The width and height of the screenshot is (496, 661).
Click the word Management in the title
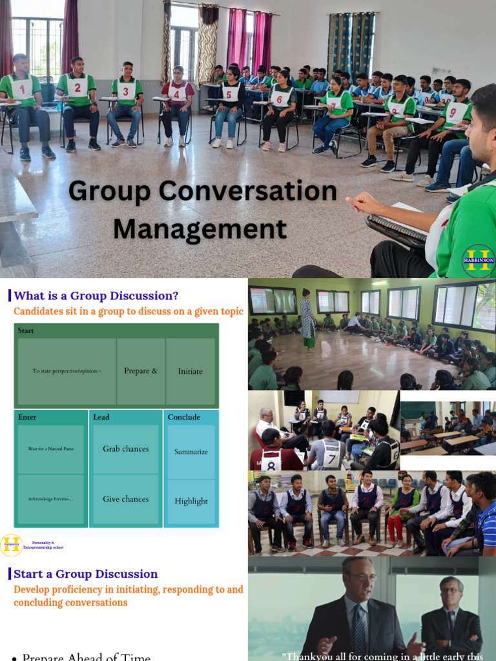click(200, 229)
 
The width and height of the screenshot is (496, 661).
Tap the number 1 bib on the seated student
click(21, 88)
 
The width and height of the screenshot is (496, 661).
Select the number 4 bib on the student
click(178, 92)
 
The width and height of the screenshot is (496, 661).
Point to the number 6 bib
click(279, 99)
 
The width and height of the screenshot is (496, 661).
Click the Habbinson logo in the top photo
click(479, 261)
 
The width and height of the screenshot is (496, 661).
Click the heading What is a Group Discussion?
click(96, 296)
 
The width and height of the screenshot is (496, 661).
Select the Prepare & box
click(141, 371)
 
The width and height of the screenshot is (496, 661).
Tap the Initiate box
click(191, 371)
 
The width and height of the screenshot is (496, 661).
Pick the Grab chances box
click(126, 449)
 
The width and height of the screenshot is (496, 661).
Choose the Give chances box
click(126, 499)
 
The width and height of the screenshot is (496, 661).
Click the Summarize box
click(191, 452)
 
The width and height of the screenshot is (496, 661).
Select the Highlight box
click(191, 501)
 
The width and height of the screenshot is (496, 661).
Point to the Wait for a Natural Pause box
click(50, 449)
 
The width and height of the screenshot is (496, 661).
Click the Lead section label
click(101, 417)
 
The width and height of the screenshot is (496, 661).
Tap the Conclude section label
click(184, 417)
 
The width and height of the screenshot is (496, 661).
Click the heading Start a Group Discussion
click(86, 574)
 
